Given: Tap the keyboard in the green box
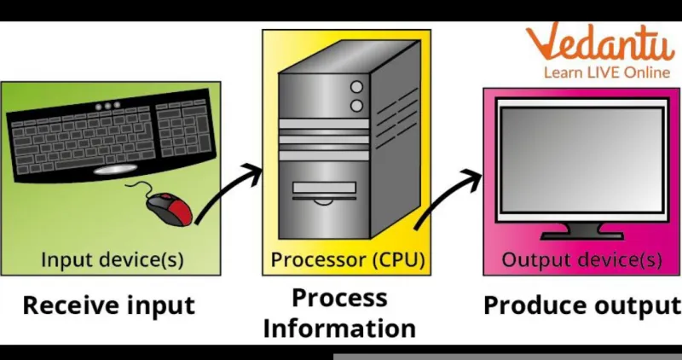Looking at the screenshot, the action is tap(111, 136).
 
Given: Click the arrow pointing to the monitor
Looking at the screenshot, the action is tap(448, 198).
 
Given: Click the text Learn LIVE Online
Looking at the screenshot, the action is tap(607, 73).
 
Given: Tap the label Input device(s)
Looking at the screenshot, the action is tap(113, 259).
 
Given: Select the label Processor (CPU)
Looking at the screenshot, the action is tap(347, 259).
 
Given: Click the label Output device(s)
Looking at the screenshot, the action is tap(582, 260).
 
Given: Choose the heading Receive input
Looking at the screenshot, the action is tap(109, 305).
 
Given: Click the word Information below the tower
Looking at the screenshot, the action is tap(339, 328).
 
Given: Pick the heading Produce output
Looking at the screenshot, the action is tap(582, 305).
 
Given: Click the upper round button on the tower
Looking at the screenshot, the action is tap(356, 87).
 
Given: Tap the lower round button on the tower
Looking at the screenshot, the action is tap(356, 106).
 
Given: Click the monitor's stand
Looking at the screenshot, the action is tap(582, 231).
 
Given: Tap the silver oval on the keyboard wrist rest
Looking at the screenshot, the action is tap(115, 170).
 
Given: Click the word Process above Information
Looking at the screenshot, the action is tap(339, 299).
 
